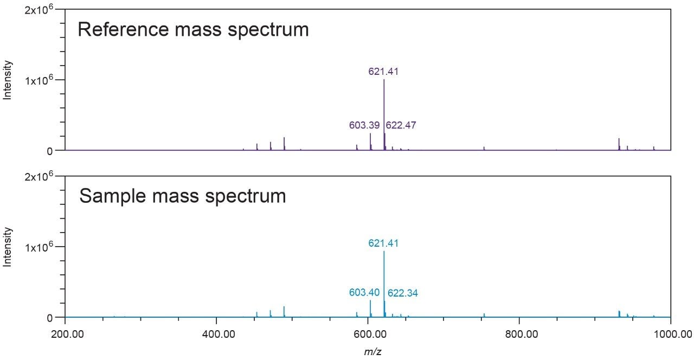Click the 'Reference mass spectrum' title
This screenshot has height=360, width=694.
193,29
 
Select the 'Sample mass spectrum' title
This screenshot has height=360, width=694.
183,196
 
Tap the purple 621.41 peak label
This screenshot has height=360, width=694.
384,71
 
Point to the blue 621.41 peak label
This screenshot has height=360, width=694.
384,243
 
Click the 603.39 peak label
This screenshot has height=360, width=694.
364,125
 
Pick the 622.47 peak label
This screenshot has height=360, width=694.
401,125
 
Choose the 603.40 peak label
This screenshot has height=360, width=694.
364,293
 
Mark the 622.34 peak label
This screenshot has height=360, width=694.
403,293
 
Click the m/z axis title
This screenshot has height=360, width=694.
369,351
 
